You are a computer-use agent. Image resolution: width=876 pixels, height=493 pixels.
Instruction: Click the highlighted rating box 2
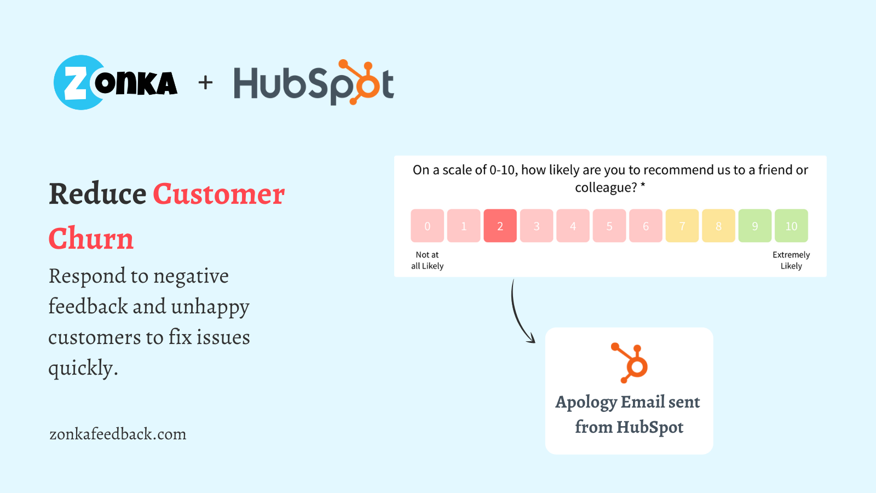[500, 226]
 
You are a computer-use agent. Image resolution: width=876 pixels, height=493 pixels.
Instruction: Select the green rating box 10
[791, 226]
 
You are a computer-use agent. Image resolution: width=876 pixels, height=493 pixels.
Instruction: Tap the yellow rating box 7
[682, 226]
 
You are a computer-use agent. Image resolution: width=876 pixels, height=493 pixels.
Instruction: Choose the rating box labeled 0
[427, 226]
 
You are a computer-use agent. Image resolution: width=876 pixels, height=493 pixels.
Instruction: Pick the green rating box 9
[755, 226]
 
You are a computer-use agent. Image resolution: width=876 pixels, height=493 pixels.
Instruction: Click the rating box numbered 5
[609, 226]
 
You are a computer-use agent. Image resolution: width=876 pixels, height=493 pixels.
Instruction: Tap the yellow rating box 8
[718, 226]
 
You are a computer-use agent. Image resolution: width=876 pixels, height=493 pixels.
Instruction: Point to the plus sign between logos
[205, 83]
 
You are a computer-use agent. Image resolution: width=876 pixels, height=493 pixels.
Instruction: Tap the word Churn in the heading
[91, 239]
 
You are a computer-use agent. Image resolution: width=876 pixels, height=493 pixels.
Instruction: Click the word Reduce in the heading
[97, 194]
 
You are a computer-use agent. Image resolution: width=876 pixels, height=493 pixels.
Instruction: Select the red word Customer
[218, 194]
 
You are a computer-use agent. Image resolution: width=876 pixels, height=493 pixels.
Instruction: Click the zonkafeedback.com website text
[118, 434]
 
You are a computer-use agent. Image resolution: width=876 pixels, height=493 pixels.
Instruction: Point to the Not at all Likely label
[427, 260]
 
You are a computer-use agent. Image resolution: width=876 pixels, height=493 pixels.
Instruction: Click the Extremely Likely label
[791, 260]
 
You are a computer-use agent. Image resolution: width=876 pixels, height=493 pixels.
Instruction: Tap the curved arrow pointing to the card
[518, 312]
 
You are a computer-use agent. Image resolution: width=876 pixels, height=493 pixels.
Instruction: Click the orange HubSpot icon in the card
[631, 363]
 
